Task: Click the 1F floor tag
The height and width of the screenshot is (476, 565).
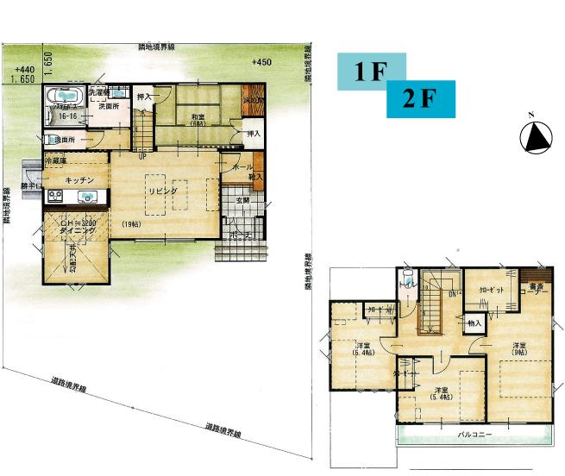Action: tap(369, 72)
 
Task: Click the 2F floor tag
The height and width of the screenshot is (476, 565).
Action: tap(420, 99)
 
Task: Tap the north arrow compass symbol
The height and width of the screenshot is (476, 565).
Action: tap(537, 136)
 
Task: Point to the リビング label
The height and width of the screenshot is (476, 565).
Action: tap(161, 190)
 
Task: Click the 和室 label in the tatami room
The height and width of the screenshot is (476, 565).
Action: tap(198, 118)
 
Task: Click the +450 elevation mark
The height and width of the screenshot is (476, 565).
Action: tap(261, 63)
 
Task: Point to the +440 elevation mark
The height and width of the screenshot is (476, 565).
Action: tap(23, 69)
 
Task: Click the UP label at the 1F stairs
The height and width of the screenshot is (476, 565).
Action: tap(141, 157)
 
